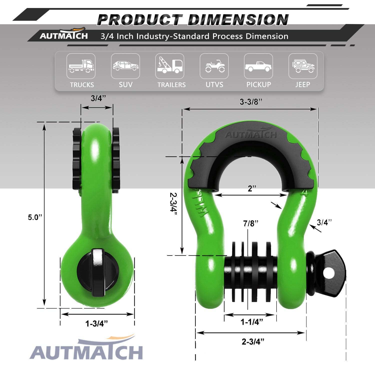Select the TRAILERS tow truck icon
point(169,65)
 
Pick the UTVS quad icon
point(214,66)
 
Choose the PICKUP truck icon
point(258,66)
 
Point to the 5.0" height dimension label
point(35,217)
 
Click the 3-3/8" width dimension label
point(251,102)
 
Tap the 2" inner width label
point(252,188)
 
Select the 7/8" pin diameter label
point(251,223)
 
